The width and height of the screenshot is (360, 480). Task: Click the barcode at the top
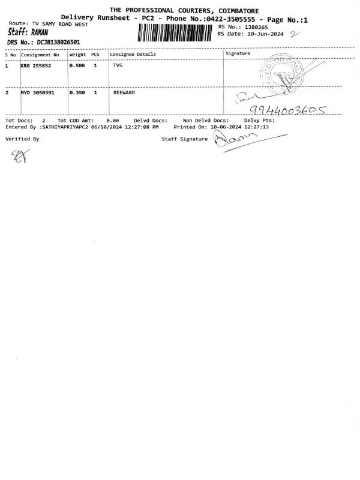point(176,32)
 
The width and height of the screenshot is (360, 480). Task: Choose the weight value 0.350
point(77,94)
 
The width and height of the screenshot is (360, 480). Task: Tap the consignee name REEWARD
point(124,94)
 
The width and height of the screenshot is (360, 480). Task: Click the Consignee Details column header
point(133,54)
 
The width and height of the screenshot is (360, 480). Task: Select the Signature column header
point(238,54)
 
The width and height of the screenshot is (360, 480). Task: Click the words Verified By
point(22,139)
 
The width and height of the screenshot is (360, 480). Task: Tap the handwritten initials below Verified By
point(17,157)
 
